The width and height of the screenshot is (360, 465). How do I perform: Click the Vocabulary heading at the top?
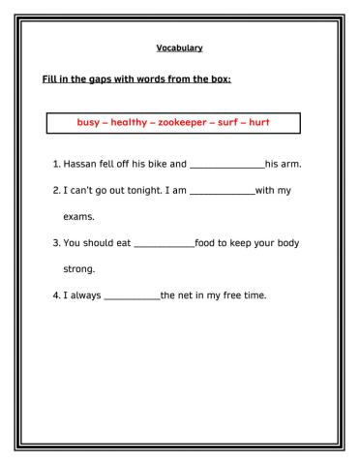[x=179, y=48]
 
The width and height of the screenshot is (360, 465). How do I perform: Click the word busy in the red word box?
[x=88, y=123]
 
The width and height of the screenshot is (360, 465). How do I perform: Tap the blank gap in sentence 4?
[x=131, y=295]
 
